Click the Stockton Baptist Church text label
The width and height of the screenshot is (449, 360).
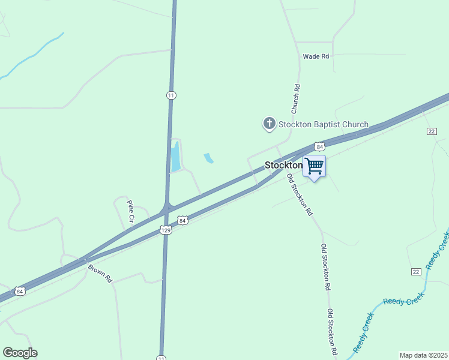322,125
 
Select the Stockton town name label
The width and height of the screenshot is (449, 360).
283,165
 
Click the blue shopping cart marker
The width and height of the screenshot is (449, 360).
315,166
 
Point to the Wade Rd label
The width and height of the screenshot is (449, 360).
316,56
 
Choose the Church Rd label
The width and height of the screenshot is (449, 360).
295,99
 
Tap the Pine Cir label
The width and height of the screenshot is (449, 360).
130,211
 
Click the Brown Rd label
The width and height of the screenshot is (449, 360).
100,273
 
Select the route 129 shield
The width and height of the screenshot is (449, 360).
166,230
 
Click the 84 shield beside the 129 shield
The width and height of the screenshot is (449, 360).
183,221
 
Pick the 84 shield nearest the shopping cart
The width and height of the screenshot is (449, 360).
319,146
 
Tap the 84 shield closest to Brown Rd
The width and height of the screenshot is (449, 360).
20,292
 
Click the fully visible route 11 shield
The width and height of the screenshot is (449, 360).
171,95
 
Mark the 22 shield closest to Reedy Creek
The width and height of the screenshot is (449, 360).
415,272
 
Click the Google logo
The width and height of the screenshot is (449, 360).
20,353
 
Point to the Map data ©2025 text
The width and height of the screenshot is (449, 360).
423,355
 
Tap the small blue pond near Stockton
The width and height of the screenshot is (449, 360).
208,158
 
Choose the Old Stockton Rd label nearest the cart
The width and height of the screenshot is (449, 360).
300,194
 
